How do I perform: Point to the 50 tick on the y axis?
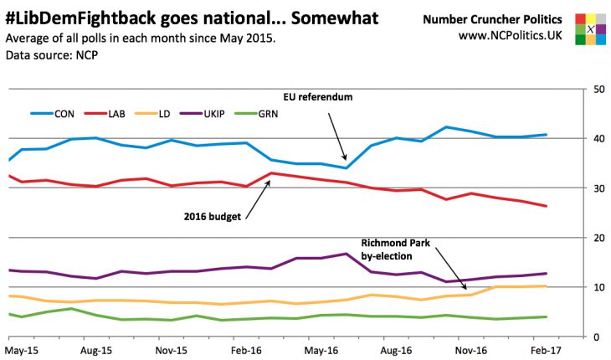[x=598, y=90]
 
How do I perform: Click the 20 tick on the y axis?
[x=598, y=239]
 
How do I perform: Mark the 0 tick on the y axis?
[x=595, y=337]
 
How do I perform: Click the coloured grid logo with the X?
[x=591, y=28]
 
